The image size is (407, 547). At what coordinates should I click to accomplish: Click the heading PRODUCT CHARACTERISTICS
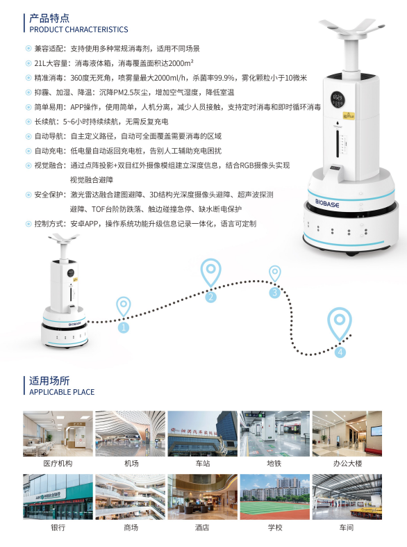pos(78,29)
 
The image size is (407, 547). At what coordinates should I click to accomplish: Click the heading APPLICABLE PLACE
pos(62,392)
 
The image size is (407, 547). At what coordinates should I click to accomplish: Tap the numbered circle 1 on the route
pos(124,327)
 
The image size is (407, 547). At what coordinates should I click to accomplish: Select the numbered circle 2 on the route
pos(210,297)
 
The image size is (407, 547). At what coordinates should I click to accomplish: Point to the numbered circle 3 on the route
pos(274,293)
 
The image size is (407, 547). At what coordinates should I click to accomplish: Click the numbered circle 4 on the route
pos(340,352)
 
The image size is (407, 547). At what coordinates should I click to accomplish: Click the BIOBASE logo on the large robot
pos(327,203)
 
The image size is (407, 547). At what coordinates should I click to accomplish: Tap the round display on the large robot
pos(338,97)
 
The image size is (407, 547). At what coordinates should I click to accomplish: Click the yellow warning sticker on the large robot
pos(346,115)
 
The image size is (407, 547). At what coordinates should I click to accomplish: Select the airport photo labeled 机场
pos(131,434)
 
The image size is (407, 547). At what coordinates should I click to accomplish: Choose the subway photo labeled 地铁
pos(274,434)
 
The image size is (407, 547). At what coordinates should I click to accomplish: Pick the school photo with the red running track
pos(274,497)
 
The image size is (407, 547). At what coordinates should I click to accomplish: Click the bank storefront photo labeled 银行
pos(58,497)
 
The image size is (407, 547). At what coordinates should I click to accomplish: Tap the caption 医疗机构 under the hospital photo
pos(58,464)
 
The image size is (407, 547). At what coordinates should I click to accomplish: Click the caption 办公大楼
pos(347,464)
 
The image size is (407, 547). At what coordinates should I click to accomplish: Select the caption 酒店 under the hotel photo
pos(202,528)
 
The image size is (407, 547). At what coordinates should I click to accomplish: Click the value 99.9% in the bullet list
pos(224,78)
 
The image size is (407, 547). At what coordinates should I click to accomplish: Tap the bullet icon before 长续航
pos(28,122)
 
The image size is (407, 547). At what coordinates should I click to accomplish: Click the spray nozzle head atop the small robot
pos(64,238)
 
